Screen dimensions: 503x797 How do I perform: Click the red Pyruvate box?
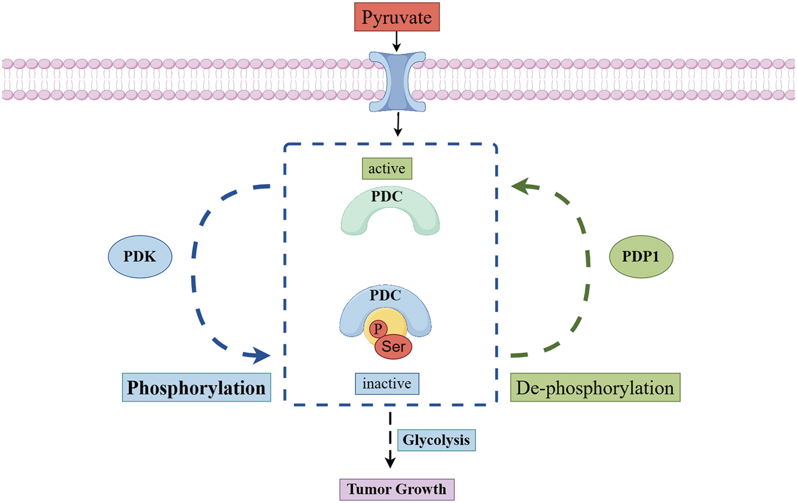click(397, 17)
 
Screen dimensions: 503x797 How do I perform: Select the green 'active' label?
click(387, 168)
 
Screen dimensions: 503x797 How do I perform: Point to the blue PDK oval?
click(140, 257)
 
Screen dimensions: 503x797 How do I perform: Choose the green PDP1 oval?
click(641, 257)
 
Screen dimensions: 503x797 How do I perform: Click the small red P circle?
click(378, 329)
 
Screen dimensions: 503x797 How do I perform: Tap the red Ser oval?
click(394, 347)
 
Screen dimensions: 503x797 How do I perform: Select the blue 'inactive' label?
click(387, 383)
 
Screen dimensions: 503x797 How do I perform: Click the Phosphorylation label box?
click(197, 388)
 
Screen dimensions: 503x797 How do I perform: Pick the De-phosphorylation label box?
click(595, 388)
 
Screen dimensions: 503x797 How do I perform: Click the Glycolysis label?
click(436, 440)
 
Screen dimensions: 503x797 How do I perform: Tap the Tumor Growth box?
click(397, 489)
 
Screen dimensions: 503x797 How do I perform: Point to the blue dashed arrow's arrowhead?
click(260, 355)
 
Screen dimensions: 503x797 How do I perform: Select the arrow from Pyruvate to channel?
click(396, 41)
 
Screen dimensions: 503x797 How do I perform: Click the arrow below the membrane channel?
click(397, 124)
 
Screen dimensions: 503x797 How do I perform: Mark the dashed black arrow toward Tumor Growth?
click(391, 441)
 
